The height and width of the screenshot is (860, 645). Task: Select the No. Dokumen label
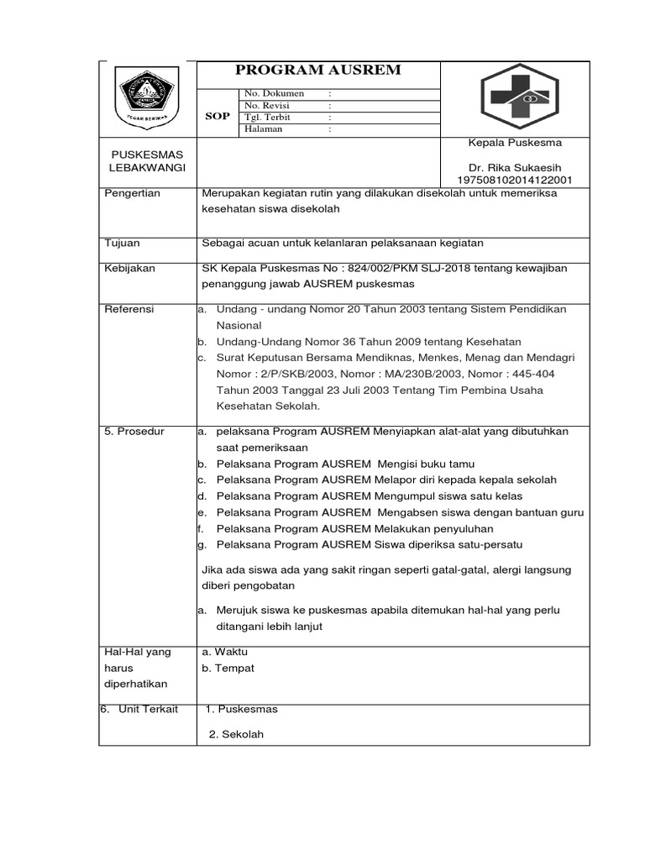tap(274, 93)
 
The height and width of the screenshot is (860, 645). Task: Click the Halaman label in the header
tap(264, 129)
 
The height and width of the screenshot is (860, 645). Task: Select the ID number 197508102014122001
tap(515, 180)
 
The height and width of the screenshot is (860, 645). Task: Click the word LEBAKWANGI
tap(148, 168)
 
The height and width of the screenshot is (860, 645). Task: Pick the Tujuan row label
tap(122, 243)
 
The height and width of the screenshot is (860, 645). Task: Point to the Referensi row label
tap(128, 309)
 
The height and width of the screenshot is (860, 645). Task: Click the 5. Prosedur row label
tap(134, 431)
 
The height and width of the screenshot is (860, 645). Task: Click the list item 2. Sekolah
tap(237, 734)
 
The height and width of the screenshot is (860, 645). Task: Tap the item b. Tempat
tap(228, 668)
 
